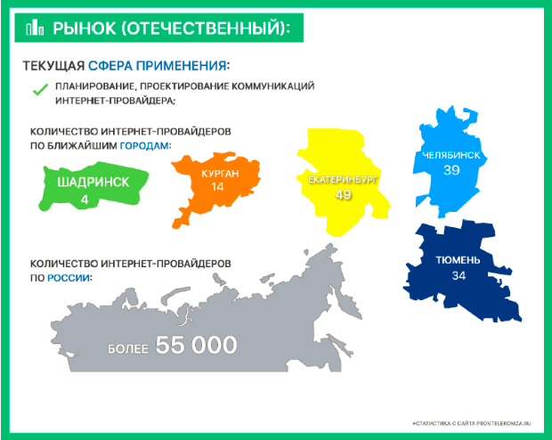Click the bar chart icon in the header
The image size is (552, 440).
35,28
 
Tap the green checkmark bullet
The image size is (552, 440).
40,89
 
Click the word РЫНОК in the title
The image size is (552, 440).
85,29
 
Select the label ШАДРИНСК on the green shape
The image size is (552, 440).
93,182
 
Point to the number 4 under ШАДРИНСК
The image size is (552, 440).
85,200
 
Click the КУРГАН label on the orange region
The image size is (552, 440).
220,174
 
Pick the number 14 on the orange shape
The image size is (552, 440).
217,186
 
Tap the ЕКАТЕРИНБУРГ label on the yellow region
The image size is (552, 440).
343,180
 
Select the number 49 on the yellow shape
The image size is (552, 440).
344,194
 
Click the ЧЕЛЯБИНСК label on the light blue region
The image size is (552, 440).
451,155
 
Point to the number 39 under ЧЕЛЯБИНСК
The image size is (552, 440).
451,170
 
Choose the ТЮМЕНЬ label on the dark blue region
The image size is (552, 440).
458,260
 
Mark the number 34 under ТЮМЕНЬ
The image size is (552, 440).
459,275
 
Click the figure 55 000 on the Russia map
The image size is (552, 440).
197,345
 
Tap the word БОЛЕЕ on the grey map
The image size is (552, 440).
128,349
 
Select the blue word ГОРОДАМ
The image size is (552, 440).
144,145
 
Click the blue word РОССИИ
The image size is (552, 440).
69,278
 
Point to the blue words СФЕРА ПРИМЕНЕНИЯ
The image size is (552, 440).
157,66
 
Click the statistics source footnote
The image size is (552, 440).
471,423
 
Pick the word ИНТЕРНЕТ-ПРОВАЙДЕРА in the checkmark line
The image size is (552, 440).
115,101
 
